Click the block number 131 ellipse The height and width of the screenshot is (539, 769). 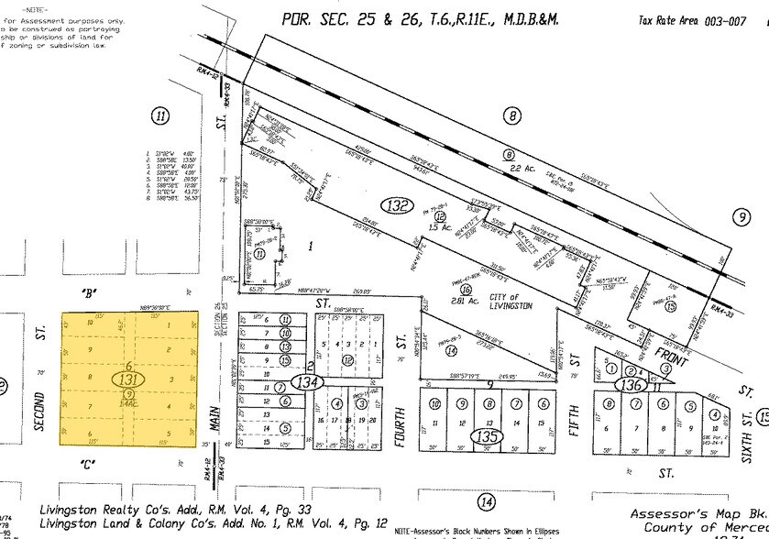[129, 377]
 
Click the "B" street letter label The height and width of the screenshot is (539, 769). [90, 294]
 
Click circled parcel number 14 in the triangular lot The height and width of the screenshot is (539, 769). [450, 350]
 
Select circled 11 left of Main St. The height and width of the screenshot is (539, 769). [161, 115]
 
